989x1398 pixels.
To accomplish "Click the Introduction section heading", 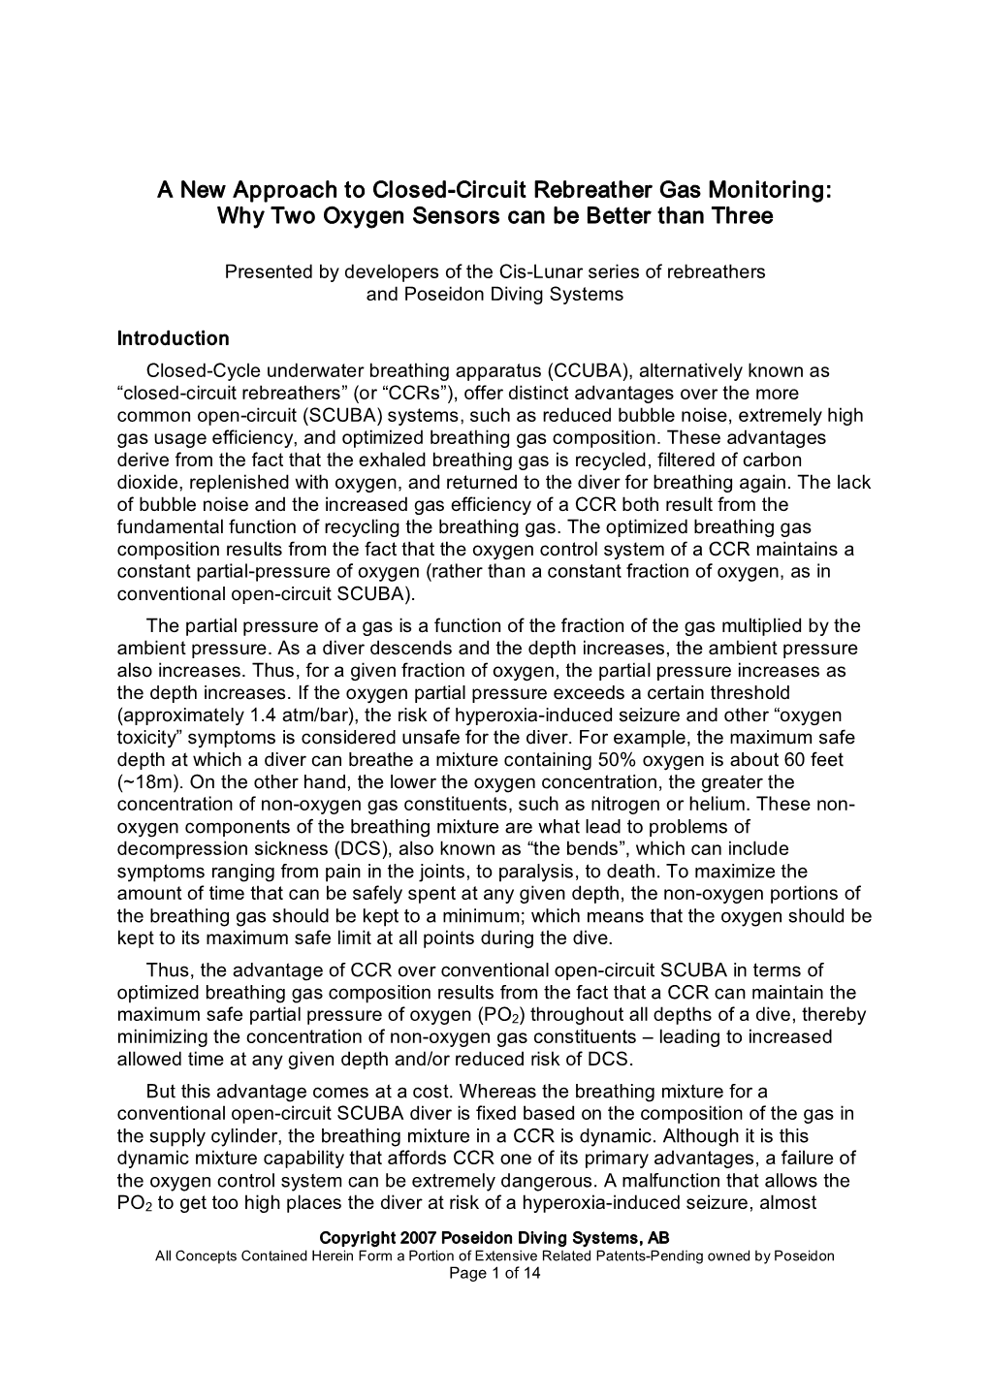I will (x=173, y=338).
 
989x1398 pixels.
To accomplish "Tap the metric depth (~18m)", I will (x=147, y=782).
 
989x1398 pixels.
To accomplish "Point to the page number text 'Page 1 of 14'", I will (x=494, y=1274).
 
